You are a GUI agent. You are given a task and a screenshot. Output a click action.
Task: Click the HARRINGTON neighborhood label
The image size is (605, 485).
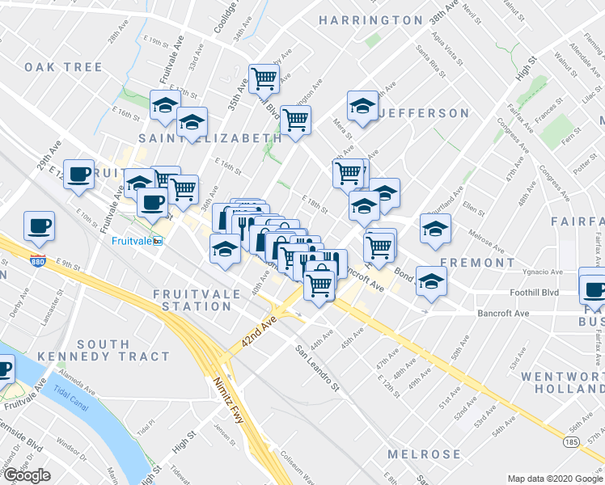(370, 19)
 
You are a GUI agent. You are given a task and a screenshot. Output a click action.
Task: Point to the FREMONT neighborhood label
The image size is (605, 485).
(477, 263)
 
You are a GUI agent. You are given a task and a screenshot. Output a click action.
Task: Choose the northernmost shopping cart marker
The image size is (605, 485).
(264, 78)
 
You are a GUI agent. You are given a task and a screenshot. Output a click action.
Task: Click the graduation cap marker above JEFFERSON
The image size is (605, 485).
(363, 105)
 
